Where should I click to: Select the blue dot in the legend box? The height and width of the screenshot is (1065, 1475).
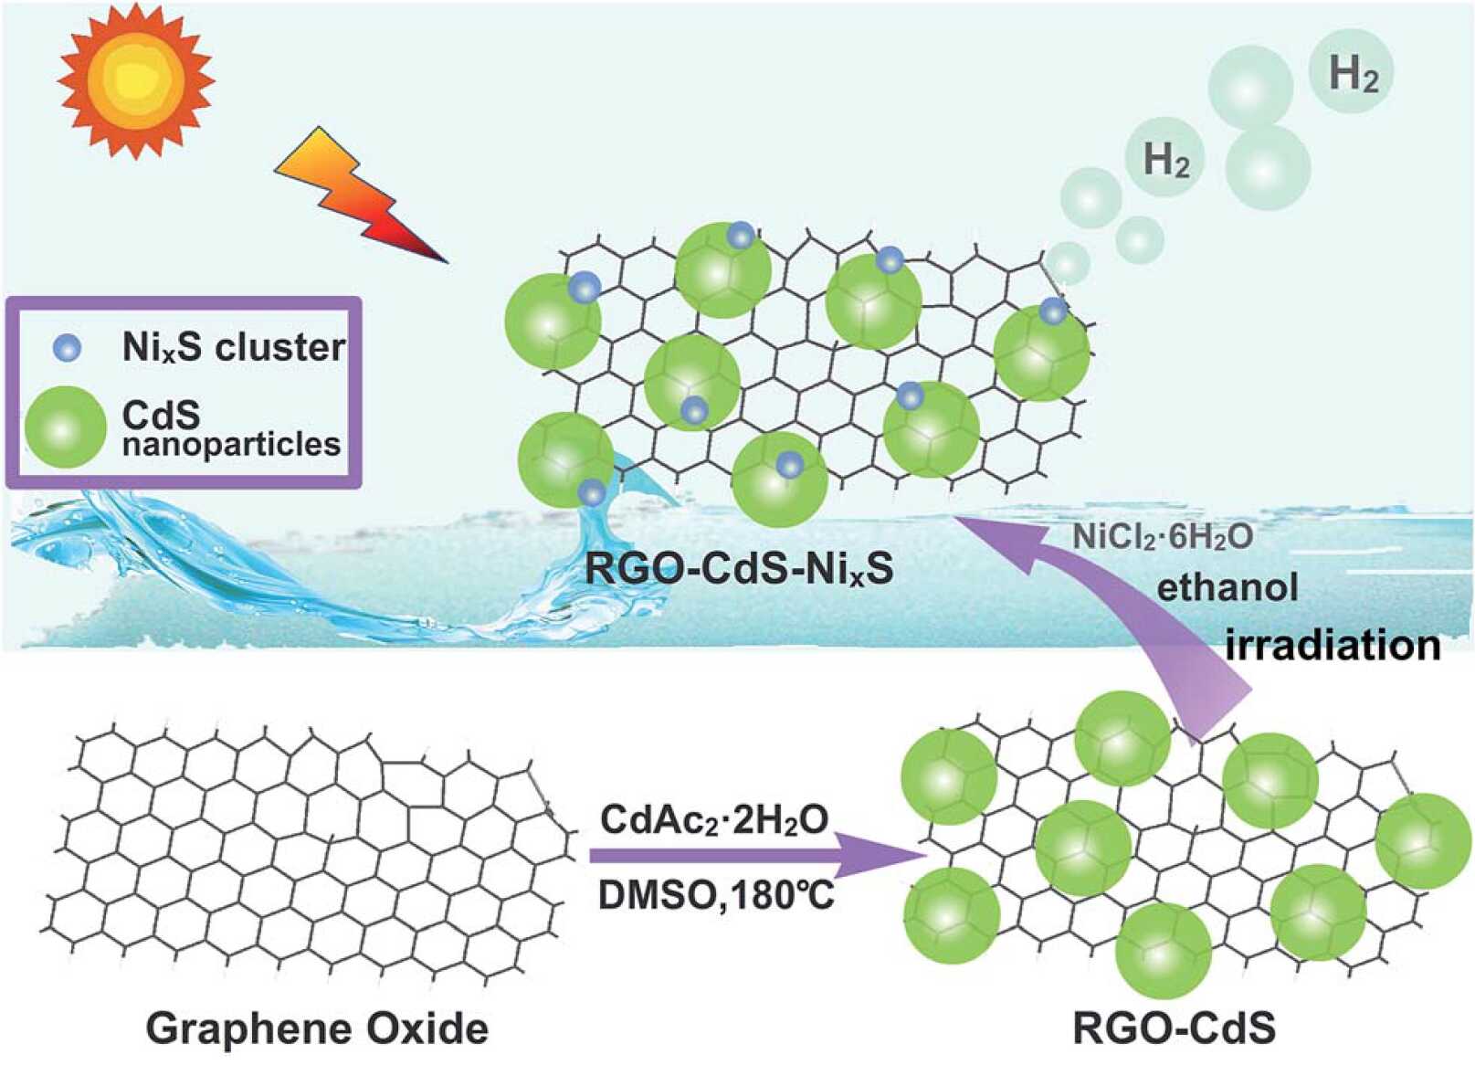[x=67, y=347]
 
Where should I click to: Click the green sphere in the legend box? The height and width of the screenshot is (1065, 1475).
[x=65, y=427]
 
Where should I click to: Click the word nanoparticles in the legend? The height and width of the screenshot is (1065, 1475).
[x=231, y=445]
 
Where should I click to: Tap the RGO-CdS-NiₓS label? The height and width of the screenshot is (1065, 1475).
[x=738, y=568]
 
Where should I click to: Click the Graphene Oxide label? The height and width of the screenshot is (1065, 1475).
[x=317, y=1028]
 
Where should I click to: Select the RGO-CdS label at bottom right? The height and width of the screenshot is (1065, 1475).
[x=1174, y=1028]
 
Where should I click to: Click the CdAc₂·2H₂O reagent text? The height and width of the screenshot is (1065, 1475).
[x=714, y=819]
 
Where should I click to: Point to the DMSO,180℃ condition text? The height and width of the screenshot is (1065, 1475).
[x=716, y=896]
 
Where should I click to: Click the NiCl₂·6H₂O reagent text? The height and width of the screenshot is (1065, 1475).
[x=1162, y=537]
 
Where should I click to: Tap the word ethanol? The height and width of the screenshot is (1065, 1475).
[x=1227, y=587]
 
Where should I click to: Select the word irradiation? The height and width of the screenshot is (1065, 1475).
[x=1333, y=645]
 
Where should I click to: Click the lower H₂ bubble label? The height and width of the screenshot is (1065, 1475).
[x=1166, y=160]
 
